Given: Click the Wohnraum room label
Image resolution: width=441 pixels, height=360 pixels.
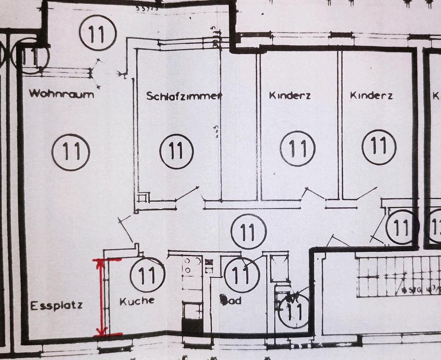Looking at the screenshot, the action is [62, 94].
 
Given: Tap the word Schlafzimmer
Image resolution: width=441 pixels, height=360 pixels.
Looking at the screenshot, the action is [184, 96].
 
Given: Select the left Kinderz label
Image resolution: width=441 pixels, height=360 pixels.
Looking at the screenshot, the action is [289, 96].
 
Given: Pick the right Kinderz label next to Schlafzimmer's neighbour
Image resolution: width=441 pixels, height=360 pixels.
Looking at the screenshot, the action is [371, 96].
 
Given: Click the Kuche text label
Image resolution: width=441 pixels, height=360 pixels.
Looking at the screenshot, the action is [137, 301].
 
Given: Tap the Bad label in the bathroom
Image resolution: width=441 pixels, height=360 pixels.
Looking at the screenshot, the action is [231, 301].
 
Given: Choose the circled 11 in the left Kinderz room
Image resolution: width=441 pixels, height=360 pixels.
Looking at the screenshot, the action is [298, 148].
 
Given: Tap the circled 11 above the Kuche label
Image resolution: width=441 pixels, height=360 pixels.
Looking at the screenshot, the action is [147, 275].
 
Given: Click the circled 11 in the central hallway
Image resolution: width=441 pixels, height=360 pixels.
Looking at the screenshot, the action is [249, 231].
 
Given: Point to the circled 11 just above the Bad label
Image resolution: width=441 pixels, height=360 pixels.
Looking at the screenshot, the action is [242, 275].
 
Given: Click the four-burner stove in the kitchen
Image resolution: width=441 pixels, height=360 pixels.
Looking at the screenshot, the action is [192, 266].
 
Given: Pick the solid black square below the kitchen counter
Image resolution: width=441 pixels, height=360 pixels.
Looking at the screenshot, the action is [192, 326].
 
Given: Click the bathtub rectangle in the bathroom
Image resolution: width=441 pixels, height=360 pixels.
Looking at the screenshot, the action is [279, 268].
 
